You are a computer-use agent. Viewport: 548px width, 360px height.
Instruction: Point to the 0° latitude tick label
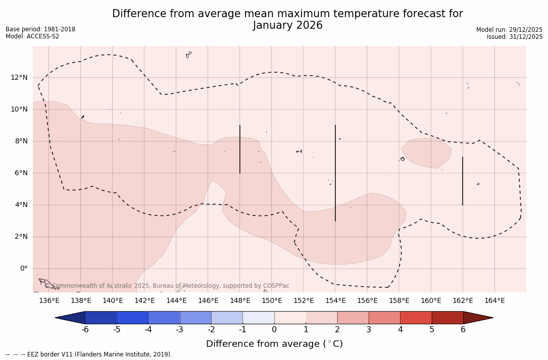pos(23,269)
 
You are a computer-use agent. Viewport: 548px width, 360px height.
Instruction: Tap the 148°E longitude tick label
pos(240,300)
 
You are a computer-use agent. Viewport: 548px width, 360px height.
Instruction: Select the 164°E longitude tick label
pos(494,300)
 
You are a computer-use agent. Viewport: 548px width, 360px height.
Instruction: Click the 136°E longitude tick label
pos(49,300)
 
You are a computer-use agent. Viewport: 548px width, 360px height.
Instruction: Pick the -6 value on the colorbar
pos(85,330)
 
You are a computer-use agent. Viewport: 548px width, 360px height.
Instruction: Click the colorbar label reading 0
pos(274,330)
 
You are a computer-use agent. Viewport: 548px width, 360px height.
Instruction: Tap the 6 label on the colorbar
pos(463,330)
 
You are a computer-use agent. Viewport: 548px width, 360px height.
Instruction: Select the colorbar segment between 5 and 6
pos(447,318)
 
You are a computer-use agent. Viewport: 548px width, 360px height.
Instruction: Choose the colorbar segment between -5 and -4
pos(132,318)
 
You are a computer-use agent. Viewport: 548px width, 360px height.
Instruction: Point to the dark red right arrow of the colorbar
pos(477,318)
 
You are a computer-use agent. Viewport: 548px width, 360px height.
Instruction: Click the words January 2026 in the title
pos(287,25)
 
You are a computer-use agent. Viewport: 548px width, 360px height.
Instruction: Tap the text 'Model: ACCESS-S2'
pos(32,36)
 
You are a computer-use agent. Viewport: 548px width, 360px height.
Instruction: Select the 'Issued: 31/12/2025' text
pos(515,37)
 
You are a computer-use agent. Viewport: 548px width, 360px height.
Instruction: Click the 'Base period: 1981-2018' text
pos(40,29)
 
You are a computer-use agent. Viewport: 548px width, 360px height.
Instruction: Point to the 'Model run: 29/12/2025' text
pos(509,30)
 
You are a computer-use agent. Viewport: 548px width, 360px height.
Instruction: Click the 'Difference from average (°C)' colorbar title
pos(274,344)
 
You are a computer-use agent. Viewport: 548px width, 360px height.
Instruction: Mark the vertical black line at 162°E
pos(463,181)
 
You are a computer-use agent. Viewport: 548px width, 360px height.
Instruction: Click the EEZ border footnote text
pos(89,354)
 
